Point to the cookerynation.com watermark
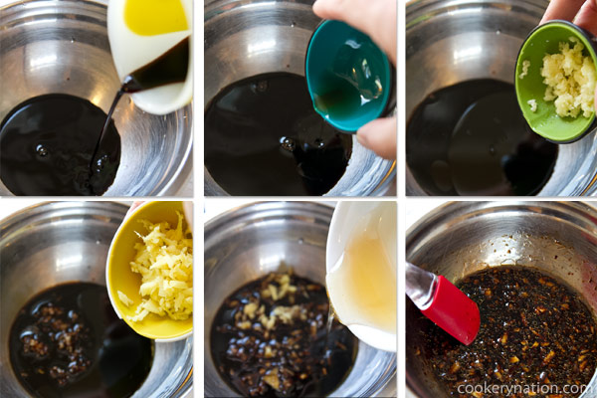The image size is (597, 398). pyautogui.click(x=523, y=387)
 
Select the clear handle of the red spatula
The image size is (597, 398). pyautogui.click(x=417, y=284)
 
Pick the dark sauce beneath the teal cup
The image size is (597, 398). pyautogui.click(x=269, y=139)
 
